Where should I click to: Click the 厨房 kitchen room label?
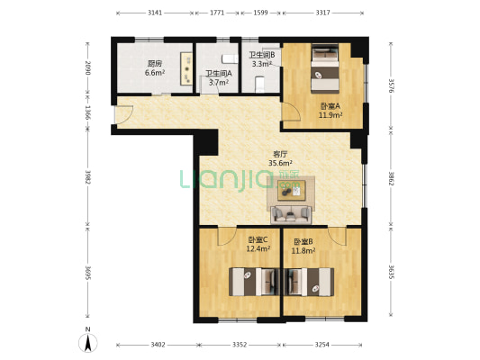click(155, 64)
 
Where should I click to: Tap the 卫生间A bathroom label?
click(219, 74)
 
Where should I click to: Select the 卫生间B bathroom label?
click(262, 55)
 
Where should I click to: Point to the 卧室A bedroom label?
click(331, 106)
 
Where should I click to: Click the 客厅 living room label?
click(280, 154)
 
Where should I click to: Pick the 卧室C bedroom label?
click(258, 239)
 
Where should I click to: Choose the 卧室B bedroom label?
click(303, 242)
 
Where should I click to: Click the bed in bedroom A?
click(325, 68)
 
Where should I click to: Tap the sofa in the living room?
click(291, 214)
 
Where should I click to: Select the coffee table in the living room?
click(292, 190)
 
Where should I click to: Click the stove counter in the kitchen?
click(186, 68)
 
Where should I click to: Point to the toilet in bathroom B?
click(259, 84)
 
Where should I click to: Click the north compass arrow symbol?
click(88, 343)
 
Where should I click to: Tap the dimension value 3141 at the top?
click(155, 13)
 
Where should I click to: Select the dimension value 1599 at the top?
click(260, 13)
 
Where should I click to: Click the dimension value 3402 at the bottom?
click(158, 345)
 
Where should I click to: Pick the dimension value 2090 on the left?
click(88, 67)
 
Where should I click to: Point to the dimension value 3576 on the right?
click(391, 86)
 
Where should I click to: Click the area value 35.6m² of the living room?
click(280, 163)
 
